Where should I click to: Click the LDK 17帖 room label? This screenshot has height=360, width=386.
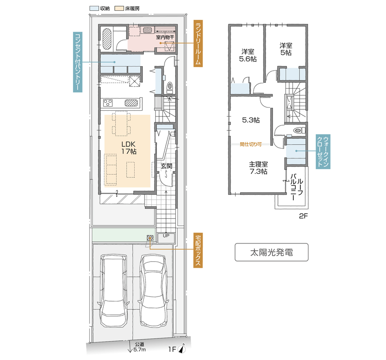point(128,148)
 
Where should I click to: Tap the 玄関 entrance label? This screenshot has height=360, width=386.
point(166,166)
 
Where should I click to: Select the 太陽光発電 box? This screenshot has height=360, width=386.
point(271,252)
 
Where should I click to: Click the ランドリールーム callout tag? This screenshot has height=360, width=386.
point(197,44)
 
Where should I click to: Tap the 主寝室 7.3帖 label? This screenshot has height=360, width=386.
point(259,167)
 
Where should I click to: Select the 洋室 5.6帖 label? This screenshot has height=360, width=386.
point(247,55)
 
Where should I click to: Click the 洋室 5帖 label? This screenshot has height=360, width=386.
point(286,49)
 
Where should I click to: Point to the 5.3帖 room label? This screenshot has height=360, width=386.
point(250,120)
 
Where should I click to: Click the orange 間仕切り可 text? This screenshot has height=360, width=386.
point(250,144)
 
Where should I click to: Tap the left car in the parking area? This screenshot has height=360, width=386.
point(114,291)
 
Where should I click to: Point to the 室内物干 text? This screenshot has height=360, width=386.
point(164,37)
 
